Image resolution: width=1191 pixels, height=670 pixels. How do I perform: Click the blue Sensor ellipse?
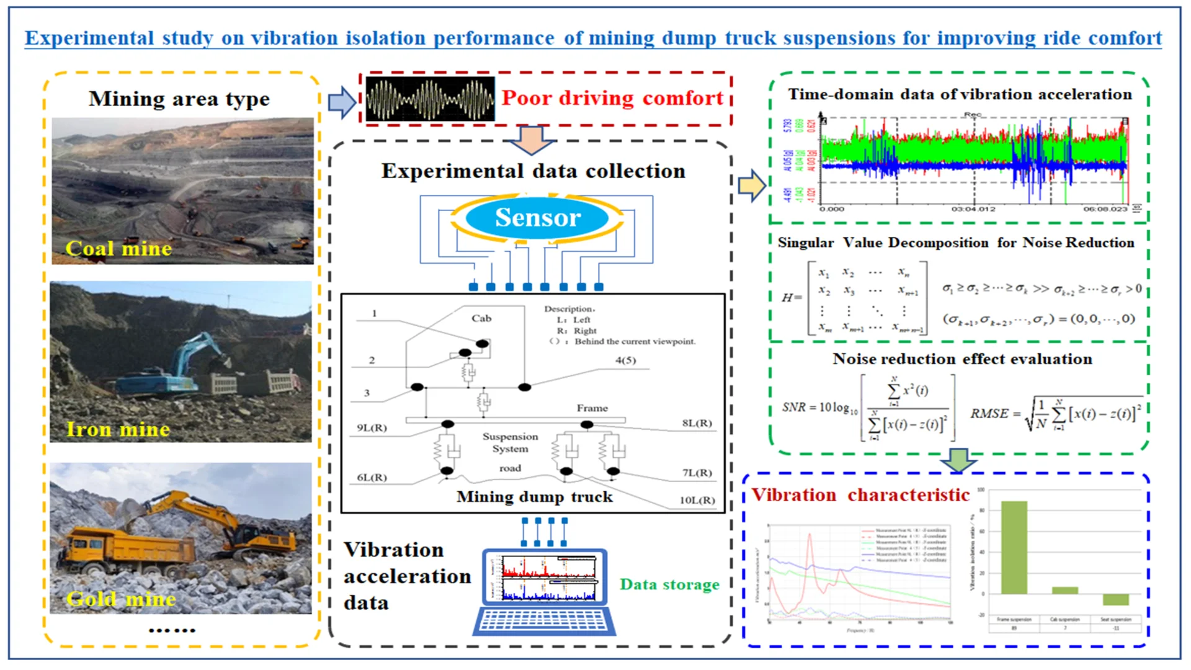tap(537, 218)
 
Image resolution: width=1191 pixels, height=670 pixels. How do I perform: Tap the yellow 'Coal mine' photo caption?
tap(118, 249)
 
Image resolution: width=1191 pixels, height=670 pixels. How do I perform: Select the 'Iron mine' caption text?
tap(118, 429)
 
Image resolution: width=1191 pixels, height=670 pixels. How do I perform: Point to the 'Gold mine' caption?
tap(122, 599)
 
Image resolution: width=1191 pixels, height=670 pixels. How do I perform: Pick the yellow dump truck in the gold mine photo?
tap(130, 549)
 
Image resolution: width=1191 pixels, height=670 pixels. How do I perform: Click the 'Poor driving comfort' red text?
tap(612, 98)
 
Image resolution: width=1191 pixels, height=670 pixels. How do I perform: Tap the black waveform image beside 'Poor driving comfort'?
tap(430, 99)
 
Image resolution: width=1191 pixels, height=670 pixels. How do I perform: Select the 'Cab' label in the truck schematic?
tap(481, 318)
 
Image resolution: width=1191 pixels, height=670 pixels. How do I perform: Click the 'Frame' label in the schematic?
tap(592, 408)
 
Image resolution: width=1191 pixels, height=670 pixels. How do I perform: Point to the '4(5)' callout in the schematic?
tap(625, 360)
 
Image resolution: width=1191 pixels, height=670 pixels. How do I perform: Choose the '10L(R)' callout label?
tap(697, 500)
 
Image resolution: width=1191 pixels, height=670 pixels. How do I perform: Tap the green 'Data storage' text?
tap(670, 584)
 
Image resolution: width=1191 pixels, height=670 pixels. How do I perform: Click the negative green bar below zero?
tap(1115, 599)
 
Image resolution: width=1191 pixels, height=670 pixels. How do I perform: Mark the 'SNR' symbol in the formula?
tap(793, 408)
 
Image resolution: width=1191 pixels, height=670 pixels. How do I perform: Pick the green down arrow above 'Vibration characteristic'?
tap(958, 460)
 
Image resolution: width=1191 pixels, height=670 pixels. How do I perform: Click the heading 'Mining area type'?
tap(179, 99)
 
